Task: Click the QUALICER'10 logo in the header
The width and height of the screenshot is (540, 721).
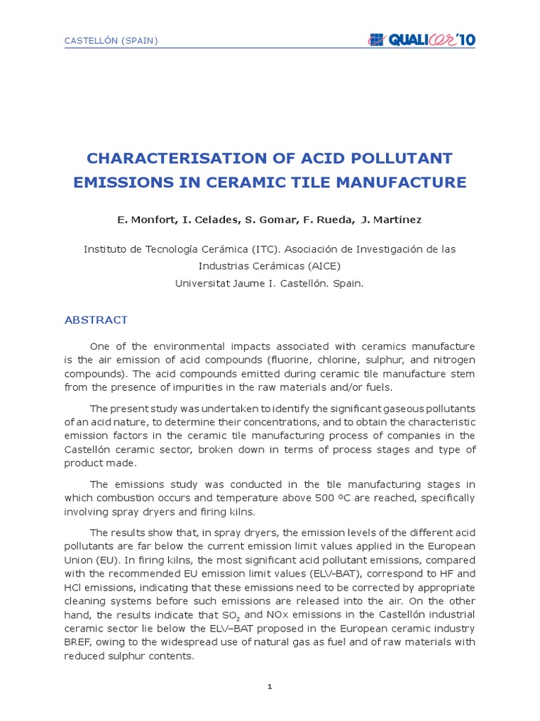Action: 421,40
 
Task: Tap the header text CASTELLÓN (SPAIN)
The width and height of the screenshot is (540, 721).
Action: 111,41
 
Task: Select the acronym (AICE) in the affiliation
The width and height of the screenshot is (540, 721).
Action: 321,266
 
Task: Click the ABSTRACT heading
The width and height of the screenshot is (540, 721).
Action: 96,320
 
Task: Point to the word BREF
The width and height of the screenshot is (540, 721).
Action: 79,641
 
